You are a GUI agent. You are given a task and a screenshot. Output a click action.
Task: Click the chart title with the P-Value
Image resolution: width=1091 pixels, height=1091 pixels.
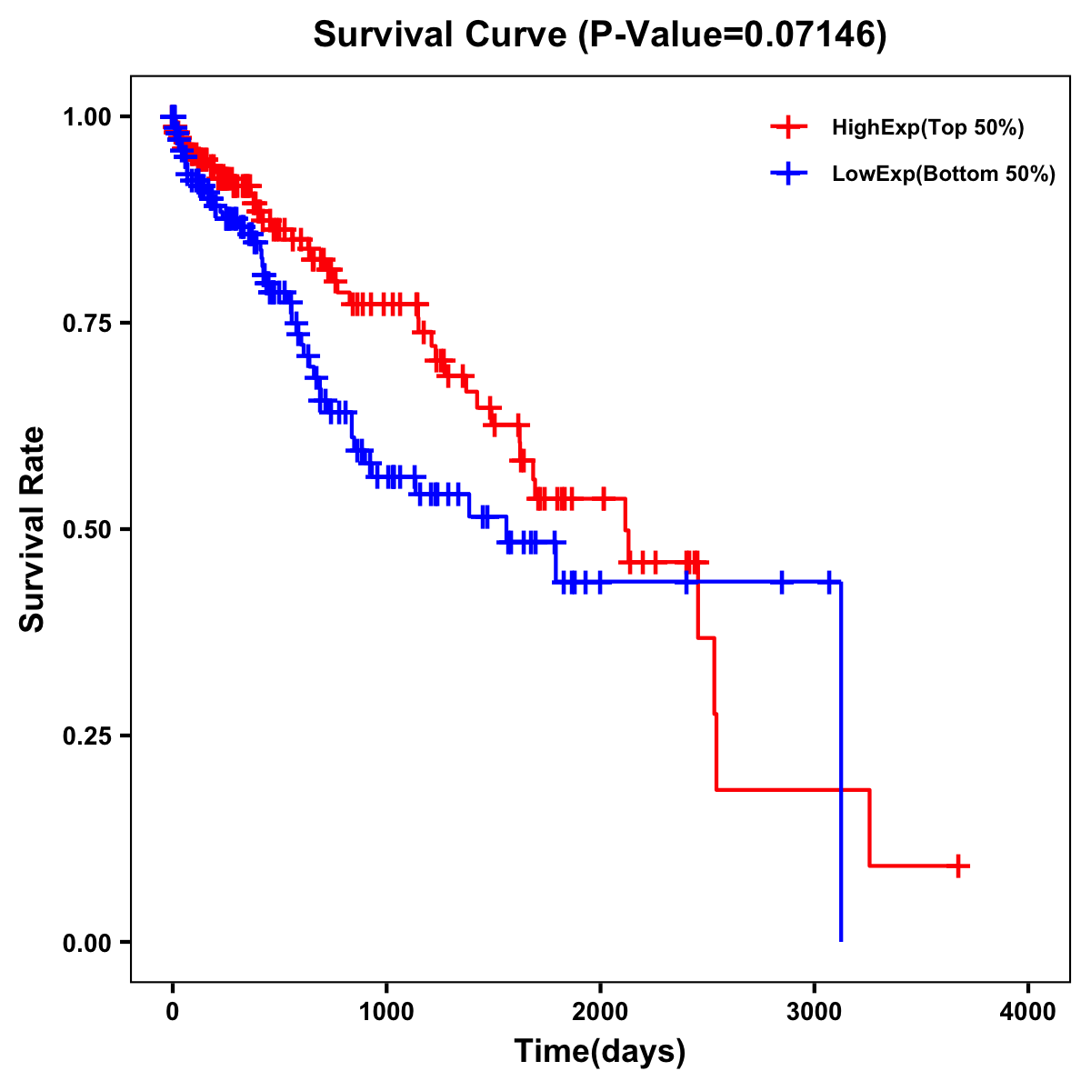point(599,35)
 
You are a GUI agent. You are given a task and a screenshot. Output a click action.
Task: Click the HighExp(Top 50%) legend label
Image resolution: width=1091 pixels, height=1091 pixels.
point(928,128)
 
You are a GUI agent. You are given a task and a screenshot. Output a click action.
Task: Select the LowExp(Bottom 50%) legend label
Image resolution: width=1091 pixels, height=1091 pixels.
point(944,175)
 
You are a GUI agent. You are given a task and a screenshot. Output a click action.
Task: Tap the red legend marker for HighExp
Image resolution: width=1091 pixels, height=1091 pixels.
point(788,128)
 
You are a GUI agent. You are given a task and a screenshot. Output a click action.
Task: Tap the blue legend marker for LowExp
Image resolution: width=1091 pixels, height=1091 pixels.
point(788,174)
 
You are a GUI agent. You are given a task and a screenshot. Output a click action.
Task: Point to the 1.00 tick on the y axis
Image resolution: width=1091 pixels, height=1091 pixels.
point(87,116)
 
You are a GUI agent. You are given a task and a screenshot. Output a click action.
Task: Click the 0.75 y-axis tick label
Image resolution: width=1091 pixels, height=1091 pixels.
point(87,323)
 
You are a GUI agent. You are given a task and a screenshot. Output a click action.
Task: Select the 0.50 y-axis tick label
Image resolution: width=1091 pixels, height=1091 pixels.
point(87,529)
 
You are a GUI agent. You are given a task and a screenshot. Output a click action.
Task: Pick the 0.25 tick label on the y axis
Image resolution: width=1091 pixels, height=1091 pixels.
point(87,736)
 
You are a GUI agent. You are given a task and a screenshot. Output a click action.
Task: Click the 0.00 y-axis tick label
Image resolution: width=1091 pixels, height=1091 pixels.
point(87,942)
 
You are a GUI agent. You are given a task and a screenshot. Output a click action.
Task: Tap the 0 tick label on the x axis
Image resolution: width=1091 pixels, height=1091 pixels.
point(173,1012)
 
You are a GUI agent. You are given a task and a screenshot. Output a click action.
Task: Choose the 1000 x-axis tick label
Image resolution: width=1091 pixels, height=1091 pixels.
point(386,1012)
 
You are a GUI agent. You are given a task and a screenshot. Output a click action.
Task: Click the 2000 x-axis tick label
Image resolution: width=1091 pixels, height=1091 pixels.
point(600,1012)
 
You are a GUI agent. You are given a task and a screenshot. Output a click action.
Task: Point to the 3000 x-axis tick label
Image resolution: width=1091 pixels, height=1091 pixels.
point(815,1012)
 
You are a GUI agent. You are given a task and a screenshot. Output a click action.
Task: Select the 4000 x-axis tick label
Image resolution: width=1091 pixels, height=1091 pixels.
point(1028,1012)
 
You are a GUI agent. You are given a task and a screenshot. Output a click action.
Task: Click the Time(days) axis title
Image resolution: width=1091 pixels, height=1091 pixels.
point(600,1052)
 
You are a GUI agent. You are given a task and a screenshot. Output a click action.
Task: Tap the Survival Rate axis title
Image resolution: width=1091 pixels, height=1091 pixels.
point(33,529)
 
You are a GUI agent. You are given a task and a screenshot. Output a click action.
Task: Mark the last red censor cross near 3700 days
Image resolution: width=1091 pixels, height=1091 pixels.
point(958,866)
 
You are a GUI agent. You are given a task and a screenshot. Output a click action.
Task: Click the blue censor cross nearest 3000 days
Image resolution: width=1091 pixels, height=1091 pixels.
point(828,582)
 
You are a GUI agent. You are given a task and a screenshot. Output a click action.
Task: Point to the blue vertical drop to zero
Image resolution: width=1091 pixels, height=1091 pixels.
point(841,764)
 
